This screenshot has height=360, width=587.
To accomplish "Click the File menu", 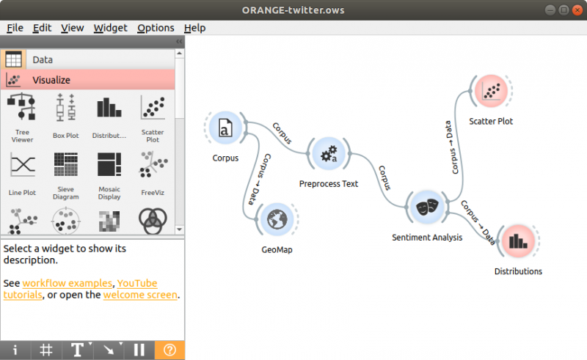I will (15, 28).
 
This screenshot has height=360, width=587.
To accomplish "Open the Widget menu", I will (110, 28).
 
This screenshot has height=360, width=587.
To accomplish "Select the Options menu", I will (156, 28).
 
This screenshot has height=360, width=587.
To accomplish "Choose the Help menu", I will (194, 28).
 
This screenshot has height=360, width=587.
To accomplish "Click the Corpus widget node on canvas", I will (226, 129).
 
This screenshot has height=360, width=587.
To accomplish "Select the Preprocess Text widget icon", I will (328, 154).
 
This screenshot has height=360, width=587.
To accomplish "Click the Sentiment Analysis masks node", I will (427, 207).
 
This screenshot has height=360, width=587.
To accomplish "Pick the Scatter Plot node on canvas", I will (490, 92).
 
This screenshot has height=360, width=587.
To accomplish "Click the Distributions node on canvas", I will (518, 242).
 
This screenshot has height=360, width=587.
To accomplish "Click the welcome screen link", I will (140, 295).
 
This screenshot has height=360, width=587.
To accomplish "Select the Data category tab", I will (43, 60).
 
